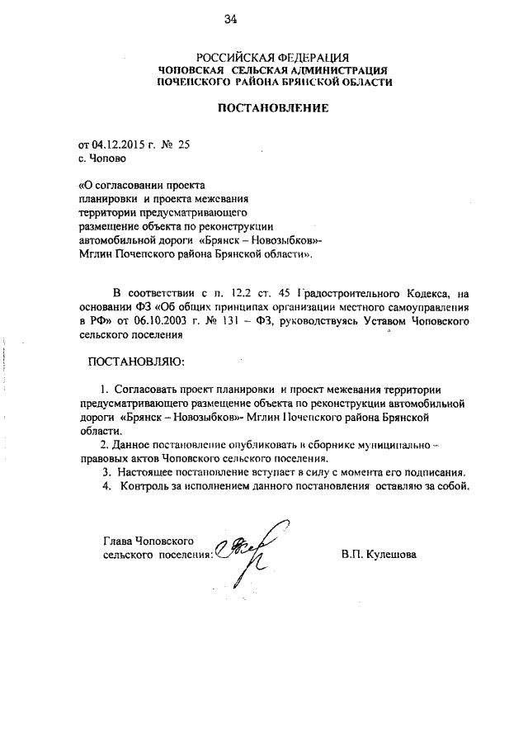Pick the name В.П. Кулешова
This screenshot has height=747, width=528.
click(x=379, y=554)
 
